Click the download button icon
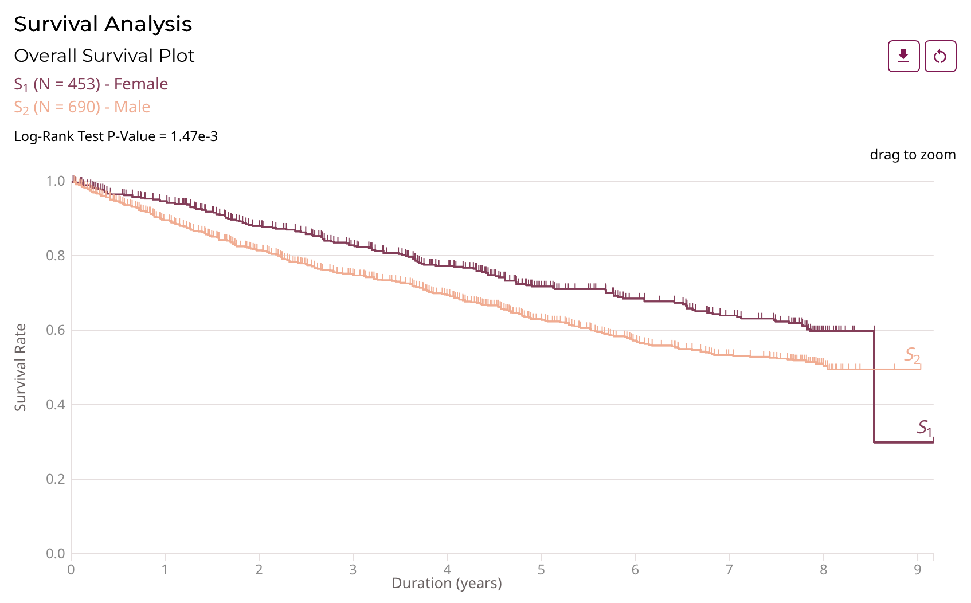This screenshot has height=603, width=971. [903, 56]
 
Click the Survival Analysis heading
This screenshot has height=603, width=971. [103, 24]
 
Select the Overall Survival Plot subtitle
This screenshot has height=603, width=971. [104, 56]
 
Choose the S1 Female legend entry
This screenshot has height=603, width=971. [91, 84]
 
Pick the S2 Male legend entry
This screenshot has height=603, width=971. [82, 107]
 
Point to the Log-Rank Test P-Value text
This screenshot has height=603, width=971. [115, 136]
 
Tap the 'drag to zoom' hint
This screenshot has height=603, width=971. [913, 155]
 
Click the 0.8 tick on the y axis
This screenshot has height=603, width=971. [56, 256]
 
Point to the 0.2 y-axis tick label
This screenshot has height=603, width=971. [56, 479]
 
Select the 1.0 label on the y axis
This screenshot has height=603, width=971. [56, 181]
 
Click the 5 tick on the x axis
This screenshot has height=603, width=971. [541, 569]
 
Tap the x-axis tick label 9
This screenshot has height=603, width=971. [918, 569]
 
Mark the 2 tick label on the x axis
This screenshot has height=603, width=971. [259, 569]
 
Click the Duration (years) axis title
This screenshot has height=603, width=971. [447, 584]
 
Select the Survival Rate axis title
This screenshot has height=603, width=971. [21, 367]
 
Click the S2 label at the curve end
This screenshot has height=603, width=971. [912, 355]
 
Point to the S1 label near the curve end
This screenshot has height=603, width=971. [925, 428]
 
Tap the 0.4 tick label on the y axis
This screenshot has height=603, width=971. [56, 405]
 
